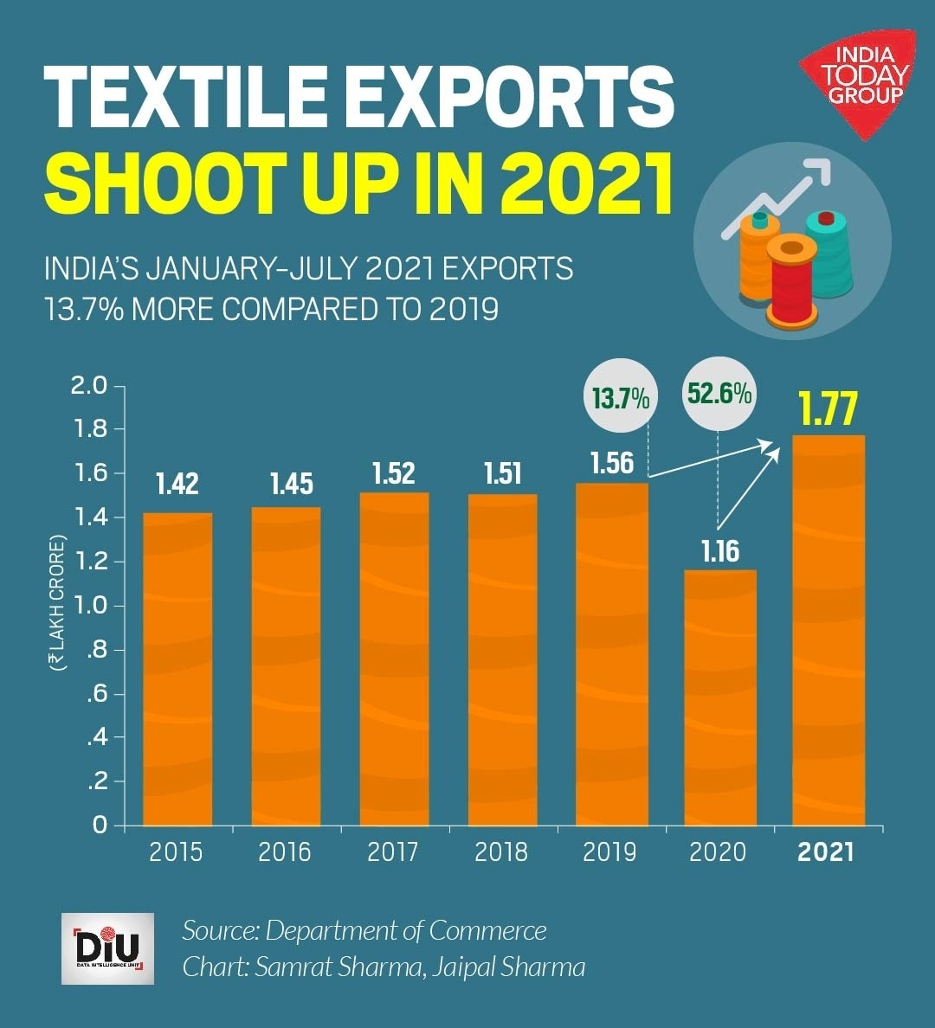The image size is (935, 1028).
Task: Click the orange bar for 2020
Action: pyautogui.click(x=719, y=697)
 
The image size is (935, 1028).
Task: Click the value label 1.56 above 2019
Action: pyautogui.click(x=612, y=463)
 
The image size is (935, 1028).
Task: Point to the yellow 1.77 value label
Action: pyautogui.click(x=828, y=409)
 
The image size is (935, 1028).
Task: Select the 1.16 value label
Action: pyautogui.click(x=719, y=551)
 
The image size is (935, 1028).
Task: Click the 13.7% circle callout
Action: pyautogui.click(x=621, y=398)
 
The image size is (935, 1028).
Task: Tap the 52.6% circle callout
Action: pyautogui.click(x=719, y=394)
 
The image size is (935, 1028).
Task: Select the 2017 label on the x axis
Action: pyautogui.click(x=393, y=852)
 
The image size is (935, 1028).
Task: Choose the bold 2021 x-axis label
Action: pyautogui.click(x=826, y=852)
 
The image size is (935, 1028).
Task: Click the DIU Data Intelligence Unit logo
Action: pyautogui.click(x=107, y=948)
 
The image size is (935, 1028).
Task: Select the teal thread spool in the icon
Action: pyautogui.click(x=829, y=251)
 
